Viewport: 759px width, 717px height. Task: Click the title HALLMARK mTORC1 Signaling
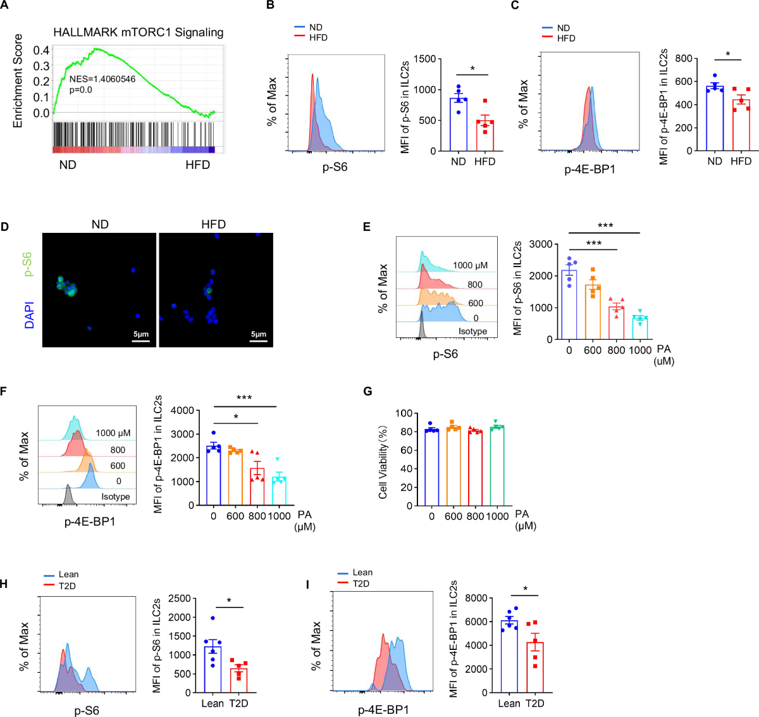click(138, 32)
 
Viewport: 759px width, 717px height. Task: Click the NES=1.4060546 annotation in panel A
click(102, 79)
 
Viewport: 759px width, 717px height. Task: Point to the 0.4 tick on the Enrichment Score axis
click(41, 51)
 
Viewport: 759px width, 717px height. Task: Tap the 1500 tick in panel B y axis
click(424, 59)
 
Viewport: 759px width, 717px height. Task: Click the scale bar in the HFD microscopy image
click(258, 342)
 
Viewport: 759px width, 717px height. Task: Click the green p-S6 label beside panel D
click(28, 265)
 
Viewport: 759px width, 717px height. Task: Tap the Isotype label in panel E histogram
click(472, 332)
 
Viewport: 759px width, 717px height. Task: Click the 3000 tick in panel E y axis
click(543, 244)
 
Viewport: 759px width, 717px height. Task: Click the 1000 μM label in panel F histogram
click(113, 433)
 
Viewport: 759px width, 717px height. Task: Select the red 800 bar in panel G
click(475, 468)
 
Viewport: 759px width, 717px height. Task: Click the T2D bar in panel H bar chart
click(238, 680)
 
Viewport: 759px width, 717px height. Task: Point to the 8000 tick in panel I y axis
click(477, 598)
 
